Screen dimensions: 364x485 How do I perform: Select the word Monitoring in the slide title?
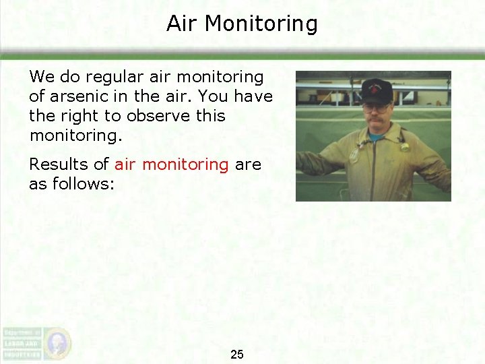tap(261, 24)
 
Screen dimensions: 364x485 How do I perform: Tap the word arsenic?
tap(76, 96)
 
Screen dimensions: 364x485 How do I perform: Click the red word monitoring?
tap(185, 164)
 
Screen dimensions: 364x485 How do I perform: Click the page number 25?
tap(237, 355)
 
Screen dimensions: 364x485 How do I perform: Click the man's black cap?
tap(377, 89)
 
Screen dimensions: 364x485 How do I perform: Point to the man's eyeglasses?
tap(375, 107)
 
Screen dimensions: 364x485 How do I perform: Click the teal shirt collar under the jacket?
tap(375, 138)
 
